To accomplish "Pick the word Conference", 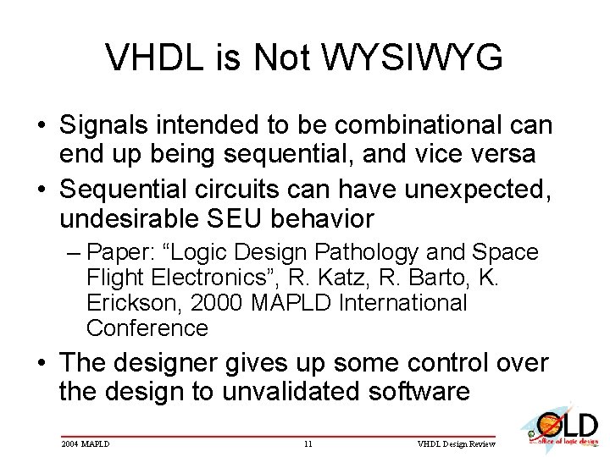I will tap(147, 328).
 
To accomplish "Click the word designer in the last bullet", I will tap(169, 363).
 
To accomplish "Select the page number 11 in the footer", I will tap(308, 443).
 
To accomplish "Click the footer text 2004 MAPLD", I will tap(86, 443).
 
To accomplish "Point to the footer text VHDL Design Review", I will tap(458, 443).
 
